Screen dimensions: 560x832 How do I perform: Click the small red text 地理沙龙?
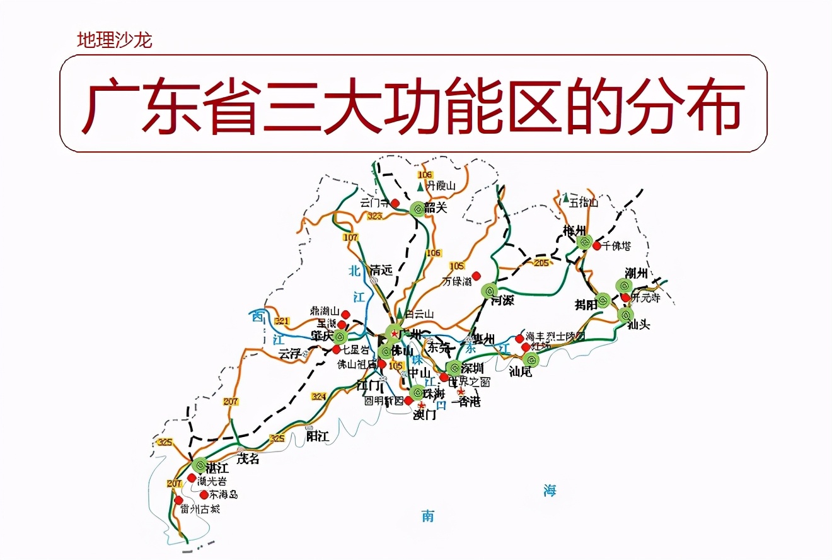pyautogui.click(x=114, y=41)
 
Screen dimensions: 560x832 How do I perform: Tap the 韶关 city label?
pyautogui.click(x=436, y=207)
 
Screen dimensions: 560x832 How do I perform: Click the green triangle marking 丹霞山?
pyautogui.click(x=420, y=187)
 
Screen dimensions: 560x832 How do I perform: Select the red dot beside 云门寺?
pyautogui.click(x=395, y=203)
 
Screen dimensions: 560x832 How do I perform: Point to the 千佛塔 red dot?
pyautogui.click(x=596, y=245)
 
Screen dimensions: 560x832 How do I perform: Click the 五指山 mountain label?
pyautogui.click(x=583, y=202)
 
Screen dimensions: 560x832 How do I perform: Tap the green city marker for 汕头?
pyautogui.click(x=625, y=315)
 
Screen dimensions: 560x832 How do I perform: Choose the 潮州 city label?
pyautogui.click(x=636, y=273)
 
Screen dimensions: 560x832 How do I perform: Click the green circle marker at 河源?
pyautogui.click(x=489, y=291)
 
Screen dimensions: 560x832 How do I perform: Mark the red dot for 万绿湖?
pyautogui.click(x=477, y=276)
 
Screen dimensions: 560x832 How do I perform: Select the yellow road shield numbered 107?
pyautogui.click(x=350, y=238)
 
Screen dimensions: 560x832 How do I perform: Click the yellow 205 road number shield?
pyautogui.click(x=541, y=263)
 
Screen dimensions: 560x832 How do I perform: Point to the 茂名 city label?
pyautogui.click(x=248, y=459)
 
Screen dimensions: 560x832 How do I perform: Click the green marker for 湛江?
pyautogui.click(x=199, y=466)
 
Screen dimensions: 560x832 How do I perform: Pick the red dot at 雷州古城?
pyautogui.click(x=178, y=500)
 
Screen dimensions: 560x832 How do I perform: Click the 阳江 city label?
pyautogui.click(x=317, y=436)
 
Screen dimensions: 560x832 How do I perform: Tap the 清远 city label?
pyautogui.click(x=381, y=270)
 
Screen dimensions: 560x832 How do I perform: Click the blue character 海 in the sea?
pyautogui.click(x=550, y=490)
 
